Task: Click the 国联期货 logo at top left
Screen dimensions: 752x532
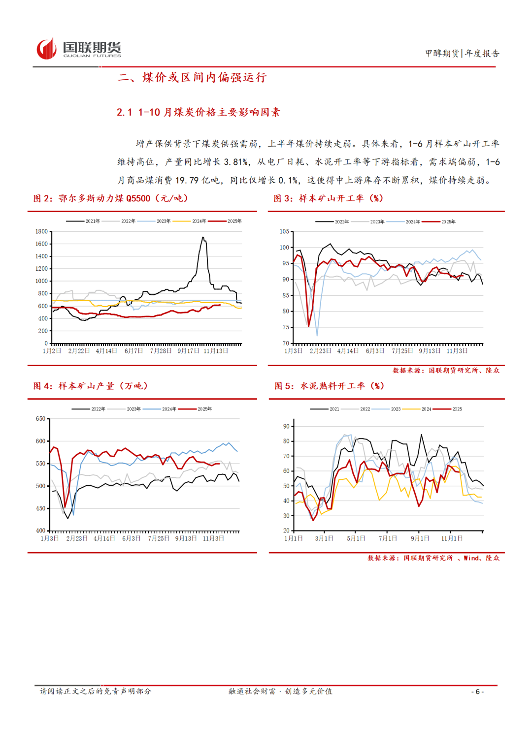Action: point(79,49)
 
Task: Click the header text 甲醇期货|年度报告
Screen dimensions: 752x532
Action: point(462,53)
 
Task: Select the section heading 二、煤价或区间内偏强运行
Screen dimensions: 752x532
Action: point(192,77)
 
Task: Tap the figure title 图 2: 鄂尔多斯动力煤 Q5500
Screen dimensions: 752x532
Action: point(110,198)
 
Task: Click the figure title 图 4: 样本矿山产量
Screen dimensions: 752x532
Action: point(91,386)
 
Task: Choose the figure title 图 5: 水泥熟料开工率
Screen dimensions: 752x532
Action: point(330,386)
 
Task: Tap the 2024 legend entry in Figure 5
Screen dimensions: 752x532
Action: point(426,409)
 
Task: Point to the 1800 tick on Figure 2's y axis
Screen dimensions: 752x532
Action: point(41,231)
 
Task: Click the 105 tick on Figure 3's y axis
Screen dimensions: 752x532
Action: point(284,231)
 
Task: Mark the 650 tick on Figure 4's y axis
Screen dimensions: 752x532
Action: point(40,419)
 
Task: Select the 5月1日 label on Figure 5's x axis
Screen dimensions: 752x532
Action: point(356,538)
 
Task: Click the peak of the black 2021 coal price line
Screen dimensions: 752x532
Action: point(203,238)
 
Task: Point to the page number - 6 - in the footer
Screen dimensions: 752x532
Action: point(477,691)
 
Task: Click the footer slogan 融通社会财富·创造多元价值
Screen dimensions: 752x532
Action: point(280,691)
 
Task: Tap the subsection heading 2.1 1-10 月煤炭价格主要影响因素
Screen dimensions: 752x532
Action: point(198,112)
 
